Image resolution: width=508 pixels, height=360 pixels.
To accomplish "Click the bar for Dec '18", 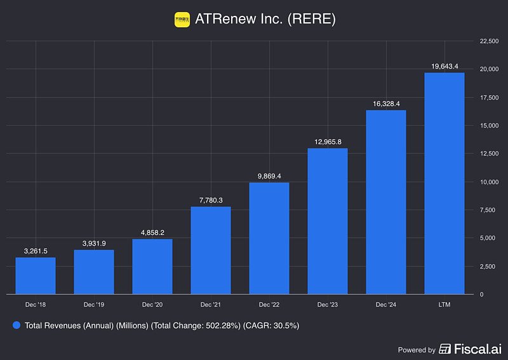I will pos(36,276).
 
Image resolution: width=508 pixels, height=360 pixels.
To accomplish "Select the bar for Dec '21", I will pos(211,250).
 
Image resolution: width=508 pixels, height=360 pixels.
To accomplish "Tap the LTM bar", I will pos(444,183).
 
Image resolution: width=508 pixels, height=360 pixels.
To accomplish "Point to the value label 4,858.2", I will pos(152,232).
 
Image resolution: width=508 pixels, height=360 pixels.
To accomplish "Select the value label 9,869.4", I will pos(269,175).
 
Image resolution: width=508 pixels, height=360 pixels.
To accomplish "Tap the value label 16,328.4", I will pos(386,103).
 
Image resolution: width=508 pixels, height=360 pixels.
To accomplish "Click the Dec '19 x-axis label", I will pos(94,305).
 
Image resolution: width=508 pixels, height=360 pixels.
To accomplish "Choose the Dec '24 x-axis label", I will pos(386,305).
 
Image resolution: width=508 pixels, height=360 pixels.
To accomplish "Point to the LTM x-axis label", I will pos(444,305).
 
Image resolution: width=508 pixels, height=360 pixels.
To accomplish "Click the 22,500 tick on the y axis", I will pos(489,41).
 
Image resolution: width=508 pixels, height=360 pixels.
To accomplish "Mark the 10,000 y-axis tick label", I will pos(489,182).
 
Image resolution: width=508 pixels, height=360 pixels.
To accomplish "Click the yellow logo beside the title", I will pos(182,20).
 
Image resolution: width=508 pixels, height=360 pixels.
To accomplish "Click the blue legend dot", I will pos(17,325).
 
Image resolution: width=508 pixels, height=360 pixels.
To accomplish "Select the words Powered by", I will pos(417,349).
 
